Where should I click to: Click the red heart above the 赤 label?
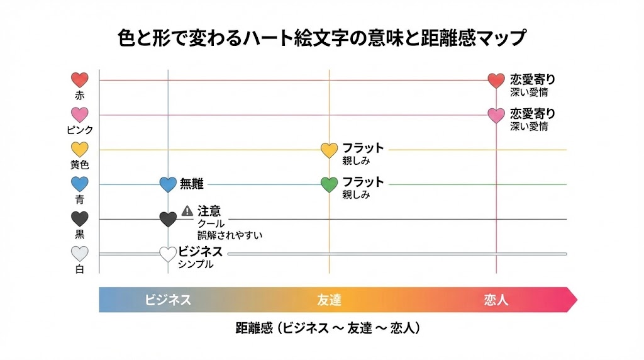(80, 80)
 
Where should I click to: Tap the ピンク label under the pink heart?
(80, 130)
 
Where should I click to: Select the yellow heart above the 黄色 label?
(80, 150)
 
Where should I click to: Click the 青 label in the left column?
(80, 200)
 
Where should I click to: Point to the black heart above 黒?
(80, 219)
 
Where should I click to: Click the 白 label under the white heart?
(80, 269)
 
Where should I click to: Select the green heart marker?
(330, 184)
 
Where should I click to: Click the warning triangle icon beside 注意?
(187, 211)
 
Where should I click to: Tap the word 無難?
(191, 184)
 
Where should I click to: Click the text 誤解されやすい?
(230, 235)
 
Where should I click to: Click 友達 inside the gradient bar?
(329, 300)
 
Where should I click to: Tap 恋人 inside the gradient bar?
(496, 300)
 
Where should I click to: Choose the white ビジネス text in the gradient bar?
(168, 300)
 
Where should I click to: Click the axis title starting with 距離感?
(328, 328)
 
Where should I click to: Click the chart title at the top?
(321, 38)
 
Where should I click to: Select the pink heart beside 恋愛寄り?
(496, 115)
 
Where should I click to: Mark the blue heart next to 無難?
(168, 184)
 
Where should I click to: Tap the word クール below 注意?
(211, 224)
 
